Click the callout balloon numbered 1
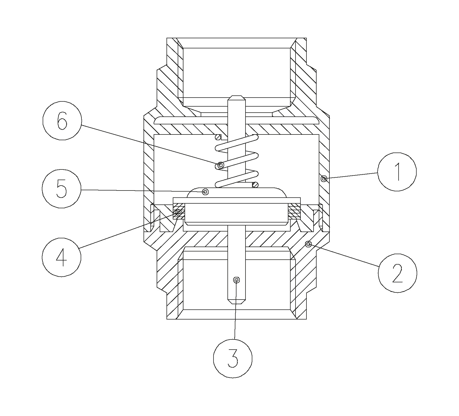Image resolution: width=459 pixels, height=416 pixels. point(397,172)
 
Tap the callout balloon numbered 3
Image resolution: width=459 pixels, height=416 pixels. point(233,359)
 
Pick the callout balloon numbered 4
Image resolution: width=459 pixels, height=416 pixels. point(62,257)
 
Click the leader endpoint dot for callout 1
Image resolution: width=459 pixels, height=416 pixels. point(324,179)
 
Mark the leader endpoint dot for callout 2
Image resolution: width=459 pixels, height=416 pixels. point(308,244)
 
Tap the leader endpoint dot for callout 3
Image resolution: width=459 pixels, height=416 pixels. point(236,280)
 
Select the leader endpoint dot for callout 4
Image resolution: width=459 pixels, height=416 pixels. point(179,213)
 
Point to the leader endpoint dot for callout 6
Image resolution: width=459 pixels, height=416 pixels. point(220,165)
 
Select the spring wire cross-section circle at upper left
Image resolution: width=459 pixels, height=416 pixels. point(218,137)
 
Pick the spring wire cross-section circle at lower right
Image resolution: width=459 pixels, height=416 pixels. point(256,185)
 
